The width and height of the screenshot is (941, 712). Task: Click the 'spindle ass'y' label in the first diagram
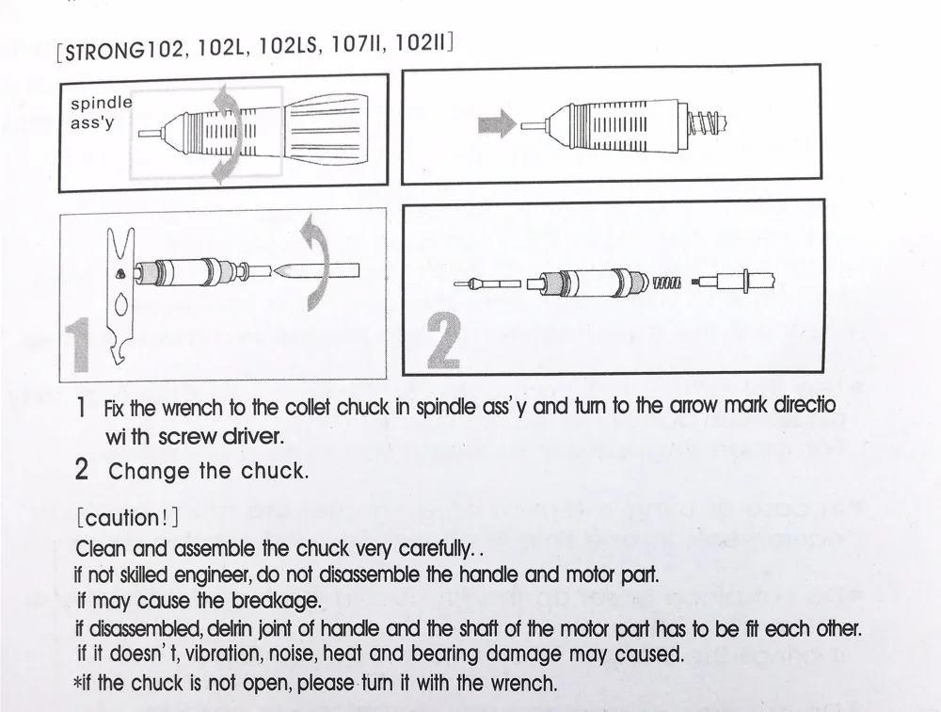[101, 112]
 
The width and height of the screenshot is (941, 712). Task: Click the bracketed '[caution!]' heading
[128, 517]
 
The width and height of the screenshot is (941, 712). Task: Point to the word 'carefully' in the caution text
[424, 548]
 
